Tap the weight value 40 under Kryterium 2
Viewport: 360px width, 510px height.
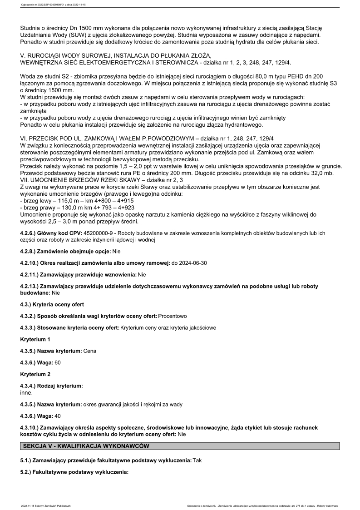pyautogui.click(x=57, y=416)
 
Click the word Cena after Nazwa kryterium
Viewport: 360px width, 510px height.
pyautogui.click(x=90, y=351)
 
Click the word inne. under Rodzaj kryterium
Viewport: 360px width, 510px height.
pyautogui.click(x=27, y=392)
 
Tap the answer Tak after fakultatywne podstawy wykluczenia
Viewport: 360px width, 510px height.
pyautogui.click(x=197, y=460)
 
